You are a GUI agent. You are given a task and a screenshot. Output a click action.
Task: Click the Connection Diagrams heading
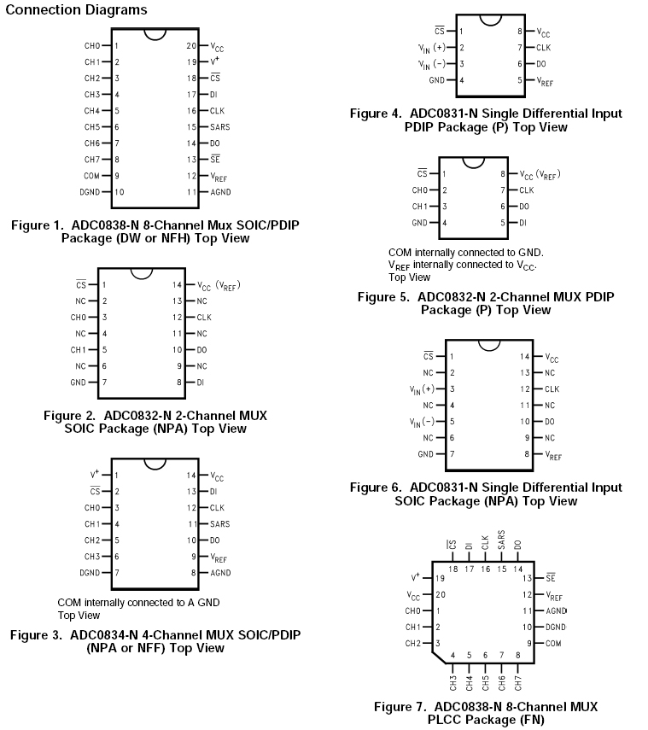point(77,10)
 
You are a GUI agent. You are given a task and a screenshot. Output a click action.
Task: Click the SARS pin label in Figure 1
point(220,127)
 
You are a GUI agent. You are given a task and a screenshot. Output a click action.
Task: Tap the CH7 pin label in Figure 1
point(92,160)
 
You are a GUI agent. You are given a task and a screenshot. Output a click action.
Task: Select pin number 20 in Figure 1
point(191,46)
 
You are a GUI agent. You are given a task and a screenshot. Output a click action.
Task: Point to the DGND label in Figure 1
point(90,192)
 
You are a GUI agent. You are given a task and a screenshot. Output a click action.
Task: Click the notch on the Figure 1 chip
point(155,35)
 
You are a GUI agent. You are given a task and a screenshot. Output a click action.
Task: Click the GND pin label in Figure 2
point(78,383)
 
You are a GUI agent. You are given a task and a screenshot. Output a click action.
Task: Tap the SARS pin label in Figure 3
point(220,523)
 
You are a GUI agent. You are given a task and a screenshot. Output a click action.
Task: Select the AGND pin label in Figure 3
point(220,572)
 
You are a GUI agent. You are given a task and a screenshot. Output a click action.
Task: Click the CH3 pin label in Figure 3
point(92,556)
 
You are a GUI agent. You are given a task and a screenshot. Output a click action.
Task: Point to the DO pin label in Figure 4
point(541,63)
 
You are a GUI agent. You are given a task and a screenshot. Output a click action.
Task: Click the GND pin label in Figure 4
point(437,79)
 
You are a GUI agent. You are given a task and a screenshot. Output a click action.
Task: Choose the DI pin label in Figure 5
point(523,222)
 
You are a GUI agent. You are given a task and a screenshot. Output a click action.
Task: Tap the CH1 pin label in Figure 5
point(419,206)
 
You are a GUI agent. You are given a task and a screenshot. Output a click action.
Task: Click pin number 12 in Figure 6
point(527,388)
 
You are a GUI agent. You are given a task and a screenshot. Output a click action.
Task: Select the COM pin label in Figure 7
point(553,643)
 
